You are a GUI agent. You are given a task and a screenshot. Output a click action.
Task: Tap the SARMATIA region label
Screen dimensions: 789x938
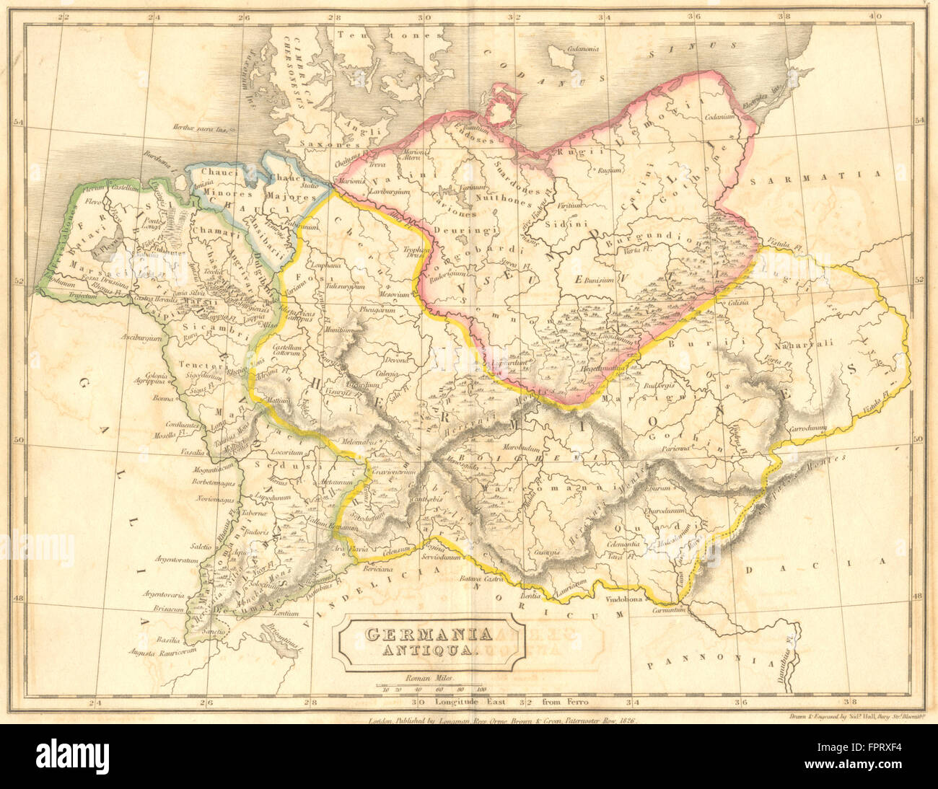815,175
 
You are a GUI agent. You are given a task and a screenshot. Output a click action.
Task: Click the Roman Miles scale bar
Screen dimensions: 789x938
429,684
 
